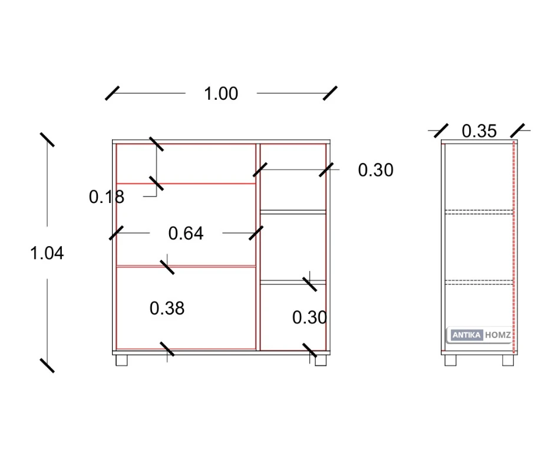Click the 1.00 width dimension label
click(x=221, y=94)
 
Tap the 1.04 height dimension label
click(x=47, y=253)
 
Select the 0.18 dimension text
click(x=107, y=197)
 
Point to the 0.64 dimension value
click(x=186, y=234)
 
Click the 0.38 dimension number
click(x=167, y=308)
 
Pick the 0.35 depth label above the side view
click(x=479, y=131)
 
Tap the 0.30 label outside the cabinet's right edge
click(x=375, y=171)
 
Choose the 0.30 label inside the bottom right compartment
click(x=309, y=317)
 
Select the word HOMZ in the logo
click(x=498, y=335)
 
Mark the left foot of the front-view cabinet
click(x=122, y=361)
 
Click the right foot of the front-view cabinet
click(x=320, y=361)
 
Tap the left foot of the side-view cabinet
click(x=450, y=361)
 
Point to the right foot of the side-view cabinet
click(x=508, y=361)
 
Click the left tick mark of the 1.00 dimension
click(x=113, y=93)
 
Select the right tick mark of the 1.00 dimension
click(x=330, y=93)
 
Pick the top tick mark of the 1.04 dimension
click(x=47, y=140)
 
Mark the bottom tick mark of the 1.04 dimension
click(x=47, y=365)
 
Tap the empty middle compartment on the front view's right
click(x=293, y=246)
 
